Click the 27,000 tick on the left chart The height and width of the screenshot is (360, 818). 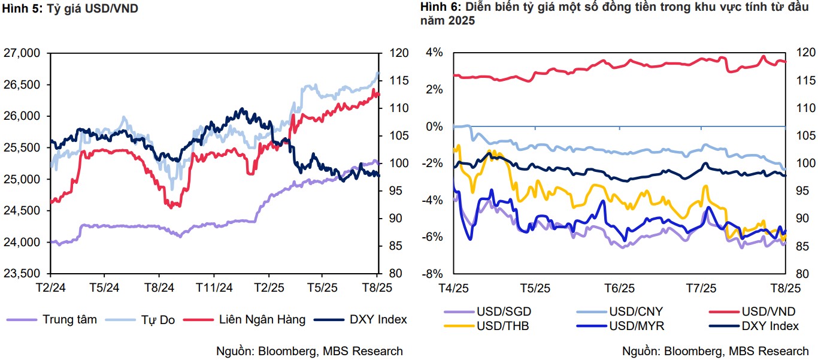[x=22, y=53]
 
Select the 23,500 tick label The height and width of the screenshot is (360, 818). [x=22, y=274]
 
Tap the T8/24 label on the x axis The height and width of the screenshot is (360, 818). [x=159, y=287]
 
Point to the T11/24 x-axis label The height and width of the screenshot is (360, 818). [x=214, y=287]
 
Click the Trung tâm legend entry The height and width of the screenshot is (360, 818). [x=69, y=319]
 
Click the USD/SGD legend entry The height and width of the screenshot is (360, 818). [x=504, y=311]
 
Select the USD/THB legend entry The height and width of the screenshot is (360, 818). [x=503, y=326]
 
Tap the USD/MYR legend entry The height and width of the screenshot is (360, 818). [x=637, y=326]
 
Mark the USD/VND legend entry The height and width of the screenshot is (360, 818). [x=768, y=311]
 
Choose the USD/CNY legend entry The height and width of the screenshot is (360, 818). [x=636, y=311]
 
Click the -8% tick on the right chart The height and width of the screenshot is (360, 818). [x=434, y=274]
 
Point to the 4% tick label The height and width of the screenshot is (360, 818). [x=435, y=53]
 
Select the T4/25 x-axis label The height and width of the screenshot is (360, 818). [x=453, y=287]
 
